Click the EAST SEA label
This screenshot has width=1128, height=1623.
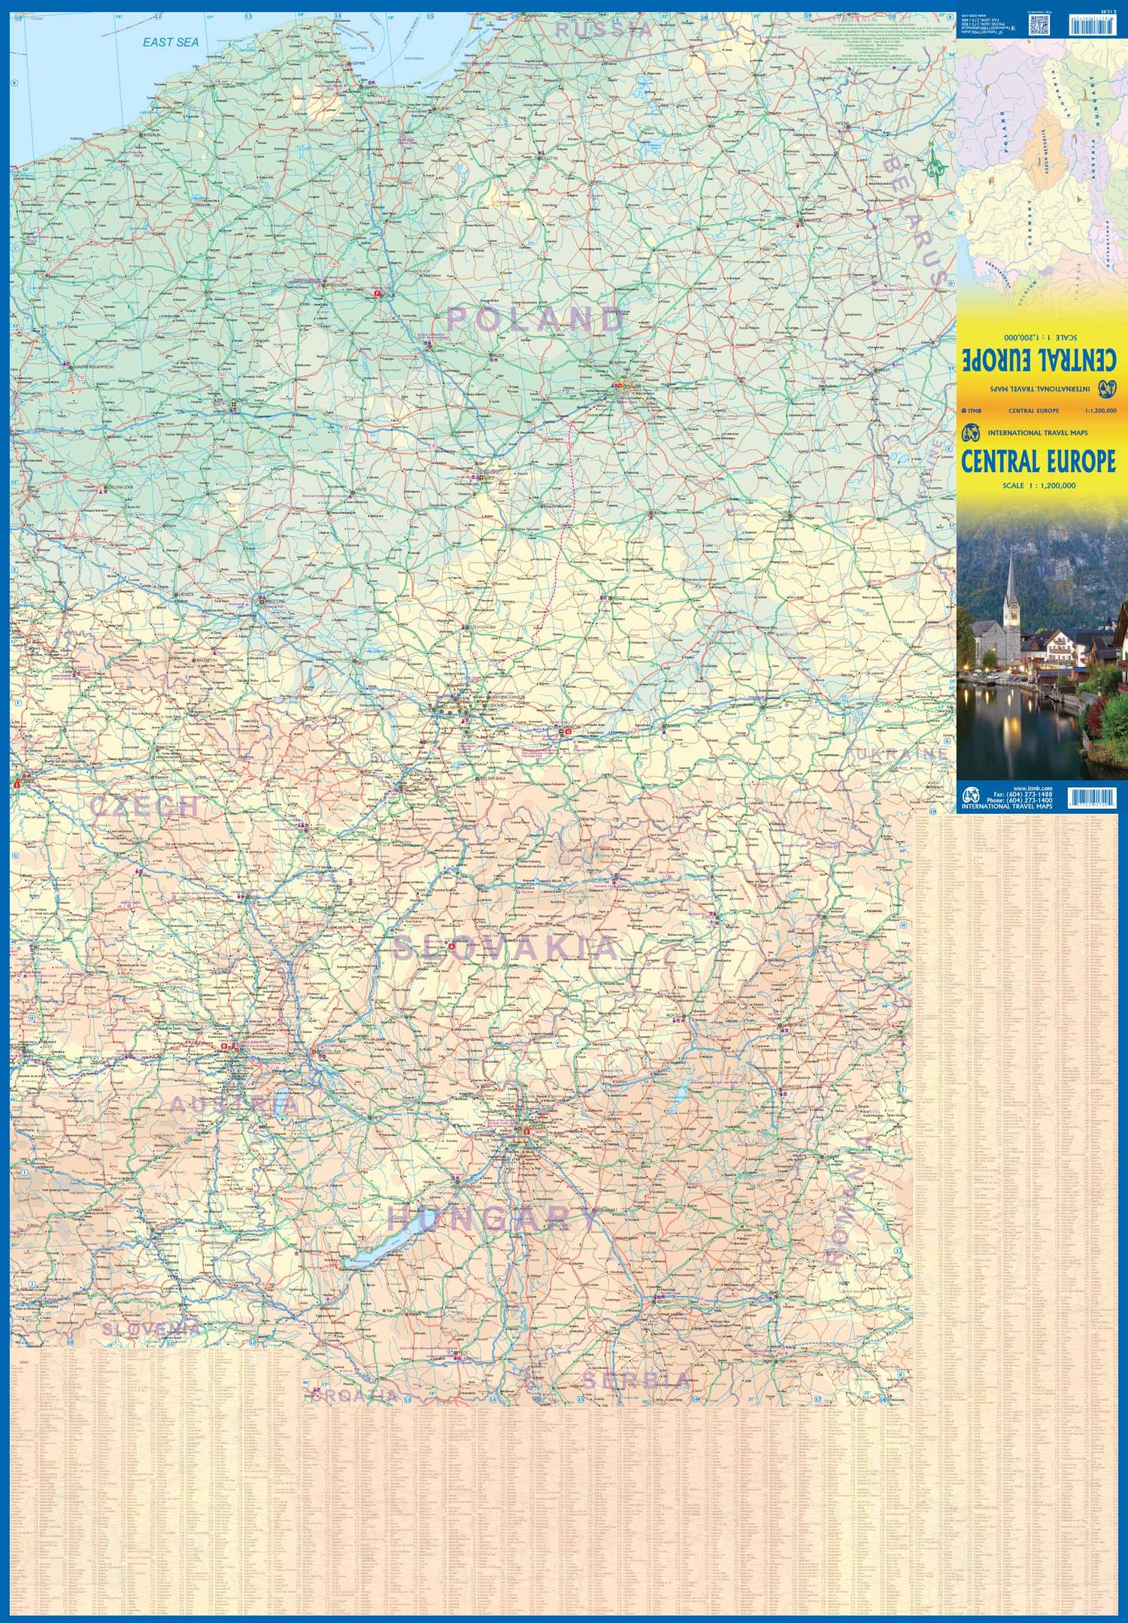pos(171,43)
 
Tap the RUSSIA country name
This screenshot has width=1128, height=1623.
pos(604,30)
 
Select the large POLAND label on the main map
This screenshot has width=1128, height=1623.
pos(535,319)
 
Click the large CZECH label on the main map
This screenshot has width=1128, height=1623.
pos(144,806)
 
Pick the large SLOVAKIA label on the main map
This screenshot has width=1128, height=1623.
pos(505,948)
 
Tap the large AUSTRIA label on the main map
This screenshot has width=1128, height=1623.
pos(234,1104)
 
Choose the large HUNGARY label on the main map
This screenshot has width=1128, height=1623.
pos(494,1219)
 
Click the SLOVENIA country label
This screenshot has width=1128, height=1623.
pos(151,1329)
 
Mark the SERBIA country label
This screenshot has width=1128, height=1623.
pos(636,1380)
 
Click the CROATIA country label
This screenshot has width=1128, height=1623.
pos(353,1396)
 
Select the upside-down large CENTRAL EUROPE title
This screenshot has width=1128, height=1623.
pos(1039,359)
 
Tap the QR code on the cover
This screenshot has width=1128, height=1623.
pos(1039,25)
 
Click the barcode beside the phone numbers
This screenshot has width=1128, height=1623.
pos(1091,798)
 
